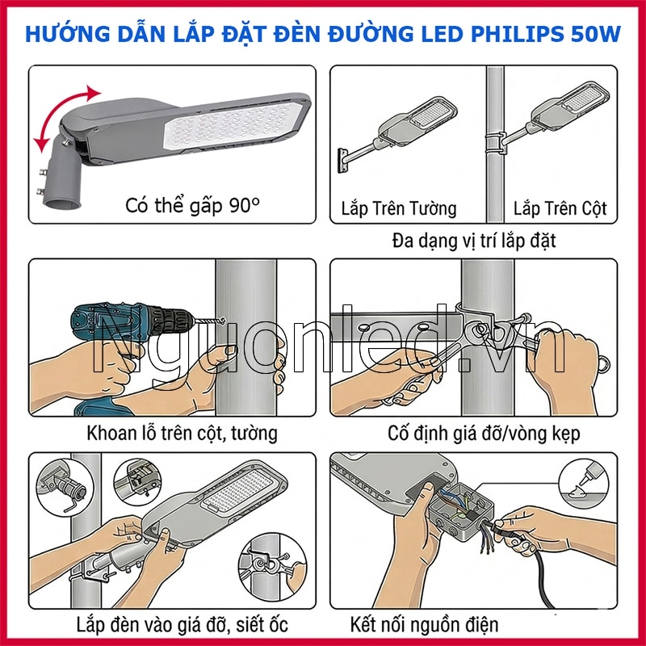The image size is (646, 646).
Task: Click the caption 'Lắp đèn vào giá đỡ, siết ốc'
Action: [x=182, y=624]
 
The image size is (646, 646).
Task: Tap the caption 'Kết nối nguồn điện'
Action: [x=425, y=624]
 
